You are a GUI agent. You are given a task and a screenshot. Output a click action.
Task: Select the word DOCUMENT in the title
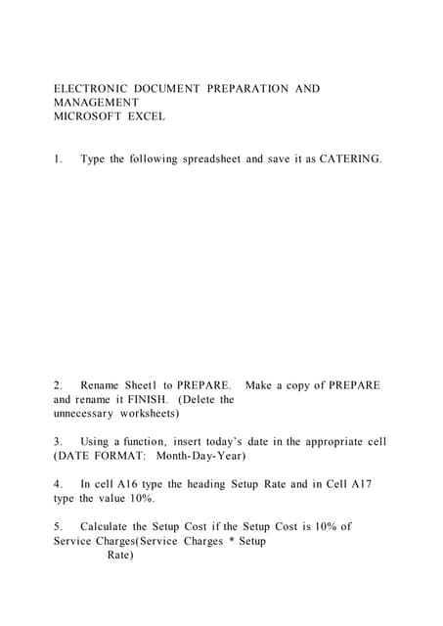coord(165,89)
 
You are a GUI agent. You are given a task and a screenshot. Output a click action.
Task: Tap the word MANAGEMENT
coord(96,103)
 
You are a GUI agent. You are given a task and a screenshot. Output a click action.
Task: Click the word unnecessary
coord(88,413)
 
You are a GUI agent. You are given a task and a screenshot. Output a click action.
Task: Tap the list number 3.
coord(58,442)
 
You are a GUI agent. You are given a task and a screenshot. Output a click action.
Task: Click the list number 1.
coord(58,158)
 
